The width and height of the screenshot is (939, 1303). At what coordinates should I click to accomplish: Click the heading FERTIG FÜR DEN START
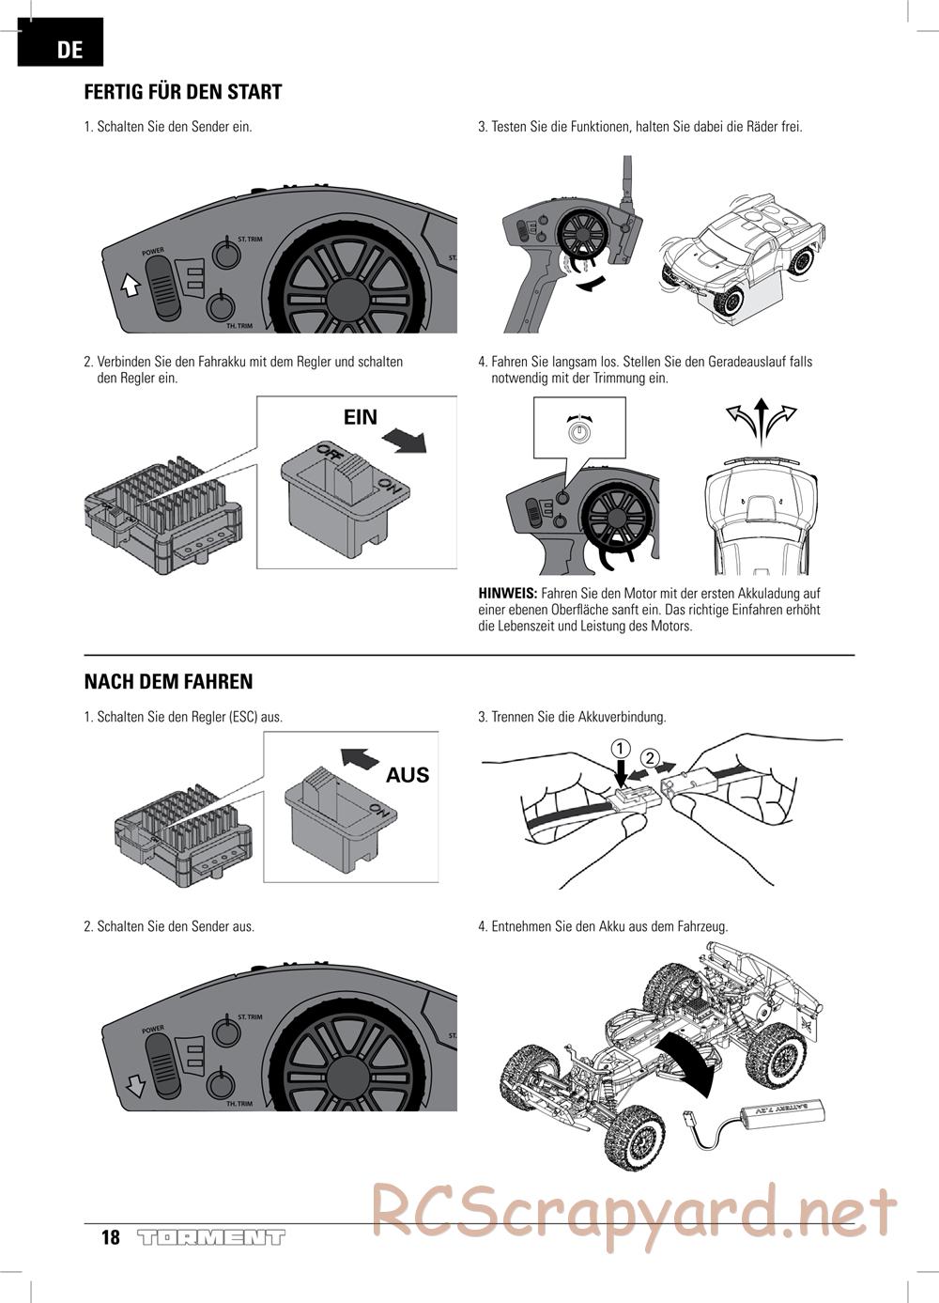183,92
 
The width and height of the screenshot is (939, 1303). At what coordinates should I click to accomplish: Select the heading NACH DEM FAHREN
168,682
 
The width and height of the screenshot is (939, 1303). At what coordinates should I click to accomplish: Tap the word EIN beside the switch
360,417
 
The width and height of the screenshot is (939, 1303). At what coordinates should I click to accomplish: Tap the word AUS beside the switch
408,775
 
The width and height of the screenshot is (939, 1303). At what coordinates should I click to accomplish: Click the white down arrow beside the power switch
136,1085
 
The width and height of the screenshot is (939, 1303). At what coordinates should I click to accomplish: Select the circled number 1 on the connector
620,749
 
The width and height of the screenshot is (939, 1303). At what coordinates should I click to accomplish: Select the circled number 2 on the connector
650,757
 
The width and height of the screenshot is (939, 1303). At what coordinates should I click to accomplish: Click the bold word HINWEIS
507,594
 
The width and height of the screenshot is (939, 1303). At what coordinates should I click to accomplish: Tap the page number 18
111,1237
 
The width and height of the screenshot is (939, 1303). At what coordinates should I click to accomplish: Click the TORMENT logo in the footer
210,1237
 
